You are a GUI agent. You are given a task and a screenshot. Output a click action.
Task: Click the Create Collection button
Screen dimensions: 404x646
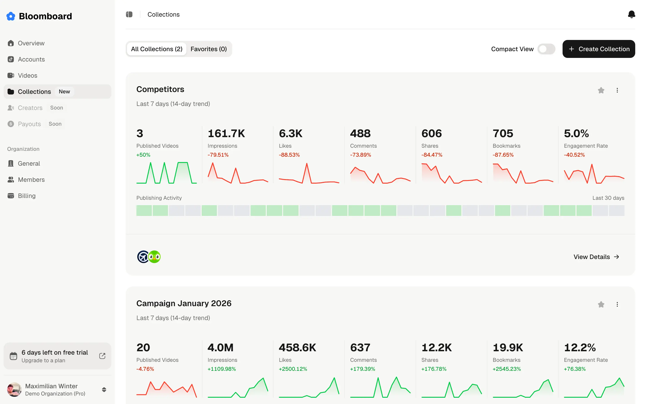tap(598, 49)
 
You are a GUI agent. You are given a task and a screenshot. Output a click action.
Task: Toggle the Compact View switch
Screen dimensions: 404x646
tap(546, 49)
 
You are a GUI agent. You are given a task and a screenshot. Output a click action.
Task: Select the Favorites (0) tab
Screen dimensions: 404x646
tap(208, 49)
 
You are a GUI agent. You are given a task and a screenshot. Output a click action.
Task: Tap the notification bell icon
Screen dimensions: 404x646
tap(631, 14)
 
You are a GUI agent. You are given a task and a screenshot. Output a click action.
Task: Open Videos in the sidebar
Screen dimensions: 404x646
tap(28, 75)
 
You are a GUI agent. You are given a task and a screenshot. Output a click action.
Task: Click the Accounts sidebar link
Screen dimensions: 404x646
tap(31, 59)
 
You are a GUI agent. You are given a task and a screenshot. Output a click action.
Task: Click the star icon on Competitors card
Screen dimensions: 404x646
tap(601, 90)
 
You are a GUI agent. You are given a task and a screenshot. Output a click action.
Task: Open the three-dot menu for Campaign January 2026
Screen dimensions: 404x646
tap(617, 304)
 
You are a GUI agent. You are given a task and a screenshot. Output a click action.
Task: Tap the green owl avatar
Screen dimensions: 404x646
tap(155, 257)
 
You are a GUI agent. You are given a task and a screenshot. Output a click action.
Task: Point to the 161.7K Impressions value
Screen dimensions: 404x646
tap(226, 133)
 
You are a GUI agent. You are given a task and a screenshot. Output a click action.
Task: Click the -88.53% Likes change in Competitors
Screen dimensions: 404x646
tap(289, 155)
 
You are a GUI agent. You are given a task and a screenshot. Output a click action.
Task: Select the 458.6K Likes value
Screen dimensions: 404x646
tap(297, 348)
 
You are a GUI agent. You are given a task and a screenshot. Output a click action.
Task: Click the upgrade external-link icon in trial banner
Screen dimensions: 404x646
tap(102, 356)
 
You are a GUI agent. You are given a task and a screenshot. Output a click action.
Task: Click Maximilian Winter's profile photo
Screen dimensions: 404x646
tap(14, 389)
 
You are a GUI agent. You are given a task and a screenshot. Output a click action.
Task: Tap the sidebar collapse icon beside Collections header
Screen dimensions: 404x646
tap(129, 14)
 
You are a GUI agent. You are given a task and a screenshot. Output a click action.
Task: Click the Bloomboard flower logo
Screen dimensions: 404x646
tap(11, 16)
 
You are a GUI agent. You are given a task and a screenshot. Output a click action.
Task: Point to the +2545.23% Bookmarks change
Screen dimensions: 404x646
tap(506, 369)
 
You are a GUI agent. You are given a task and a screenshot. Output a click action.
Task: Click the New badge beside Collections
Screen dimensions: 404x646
tap(64, 92)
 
